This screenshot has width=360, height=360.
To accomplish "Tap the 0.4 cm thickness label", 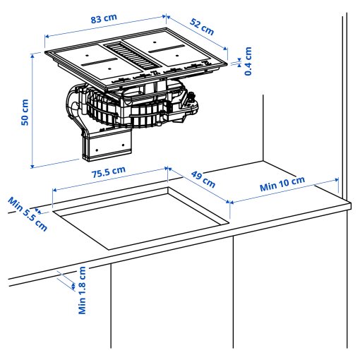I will pyautogui.click(x=248, y=61).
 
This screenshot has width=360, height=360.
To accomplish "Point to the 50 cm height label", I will pyautogui.click(x=25, y=112).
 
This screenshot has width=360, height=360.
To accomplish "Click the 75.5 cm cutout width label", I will pyautogui.click(x=107, y=172).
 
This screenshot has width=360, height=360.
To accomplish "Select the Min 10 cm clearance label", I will pyautogui.click(x=282, y=184).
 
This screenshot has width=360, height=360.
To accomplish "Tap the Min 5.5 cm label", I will pyautogui.click(x=28, y=214).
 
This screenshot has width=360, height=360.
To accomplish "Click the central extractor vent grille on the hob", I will pyautogui.click(x=131, y=56).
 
